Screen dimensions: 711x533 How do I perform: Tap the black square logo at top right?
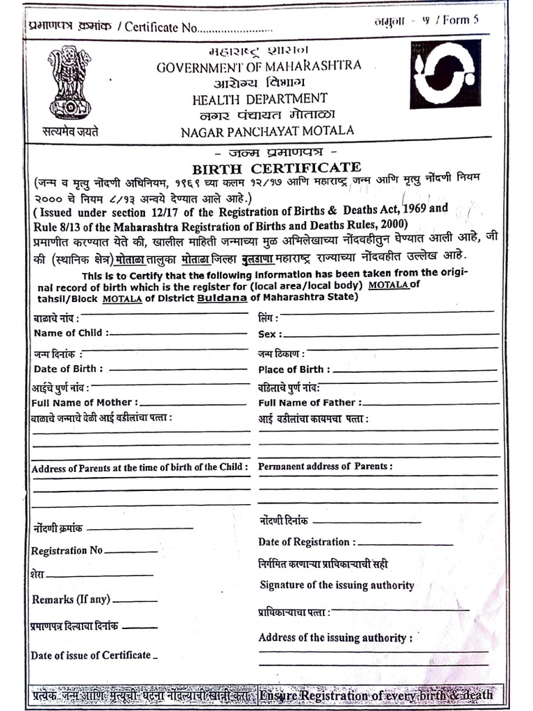pyautogui.click(x=445, y=74)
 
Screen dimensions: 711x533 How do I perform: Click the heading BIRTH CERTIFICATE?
pyautogui.click(x=276, y=168)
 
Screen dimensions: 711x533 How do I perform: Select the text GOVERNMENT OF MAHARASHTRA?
pyautogui.click(x=259, y=67)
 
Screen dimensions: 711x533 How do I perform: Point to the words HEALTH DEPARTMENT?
pyautogui.click(x=260, y=99)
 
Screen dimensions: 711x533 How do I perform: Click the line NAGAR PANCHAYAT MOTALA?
pyautogui.click(x=267, y=131)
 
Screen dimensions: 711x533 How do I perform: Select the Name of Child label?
pyautogui.click(x=71, y=333)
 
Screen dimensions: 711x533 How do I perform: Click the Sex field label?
pyautogui.click(x=269, y=334)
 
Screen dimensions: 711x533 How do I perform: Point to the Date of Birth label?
pyautogui.click(x=69, y=369)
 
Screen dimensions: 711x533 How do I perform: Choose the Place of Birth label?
pyautogui.click(x=294, y=369)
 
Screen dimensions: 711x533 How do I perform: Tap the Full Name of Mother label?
pyautogui.click(x=85, y=402)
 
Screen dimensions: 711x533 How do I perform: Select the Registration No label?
pyautogui.click(x=67, y=551)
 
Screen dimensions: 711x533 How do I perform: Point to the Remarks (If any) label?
pyautogui.click(x=70, y=599)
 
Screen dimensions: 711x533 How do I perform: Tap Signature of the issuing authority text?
pyautogui.click(x=337, y=585)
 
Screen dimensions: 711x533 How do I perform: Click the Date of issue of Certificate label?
pyautogui.click(x=90, y=655)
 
